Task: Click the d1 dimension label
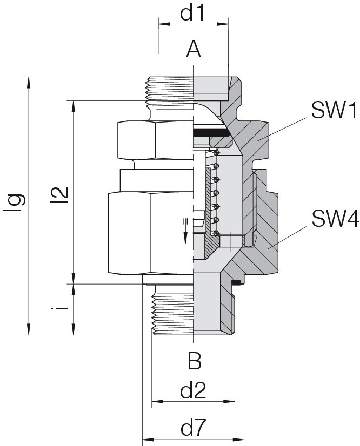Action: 192,13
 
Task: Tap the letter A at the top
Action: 194,49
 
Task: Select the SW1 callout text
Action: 334,110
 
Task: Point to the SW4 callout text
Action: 335,219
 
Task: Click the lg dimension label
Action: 14,203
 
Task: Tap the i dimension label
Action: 59,308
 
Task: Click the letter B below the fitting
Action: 195,361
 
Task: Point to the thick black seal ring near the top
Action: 211,132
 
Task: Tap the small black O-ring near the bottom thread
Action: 236,282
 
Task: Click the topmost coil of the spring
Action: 217,153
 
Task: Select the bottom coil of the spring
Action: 216,233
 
